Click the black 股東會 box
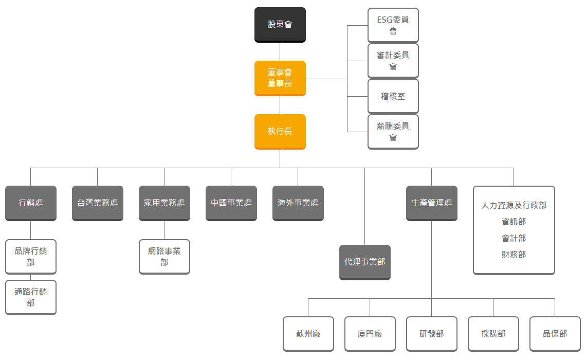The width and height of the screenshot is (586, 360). pos(280,24)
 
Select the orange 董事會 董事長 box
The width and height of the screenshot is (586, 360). pos(280,78)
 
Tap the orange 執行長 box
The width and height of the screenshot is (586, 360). pos(280,131)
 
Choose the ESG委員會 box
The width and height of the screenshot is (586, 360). pos(393,25)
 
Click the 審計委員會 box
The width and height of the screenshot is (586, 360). pos(393,61)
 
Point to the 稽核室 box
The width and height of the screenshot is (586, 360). pos(393,96)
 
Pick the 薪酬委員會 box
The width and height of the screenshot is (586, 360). pos(393,132)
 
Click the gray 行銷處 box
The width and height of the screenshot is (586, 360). pos(31,203)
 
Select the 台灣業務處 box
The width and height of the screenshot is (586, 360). pos(98,203)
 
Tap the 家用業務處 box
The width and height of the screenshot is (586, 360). pos(164,203)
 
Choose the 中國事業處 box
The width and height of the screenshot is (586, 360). pos(231,203)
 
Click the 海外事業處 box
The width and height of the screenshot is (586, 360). pos(298,203)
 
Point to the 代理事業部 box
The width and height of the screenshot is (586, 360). pos(365,262)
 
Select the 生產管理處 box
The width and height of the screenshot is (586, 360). pos(432,203)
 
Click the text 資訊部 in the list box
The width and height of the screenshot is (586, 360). pos(514,222)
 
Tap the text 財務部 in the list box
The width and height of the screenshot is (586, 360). pos(514,255)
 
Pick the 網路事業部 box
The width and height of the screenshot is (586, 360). pos(164,257)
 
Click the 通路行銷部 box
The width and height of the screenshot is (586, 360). pos(31,297)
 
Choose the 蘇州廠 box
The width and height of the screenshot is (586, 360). pos(308,334)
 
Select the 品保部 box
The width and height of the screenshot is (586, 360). pos(555,334)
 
